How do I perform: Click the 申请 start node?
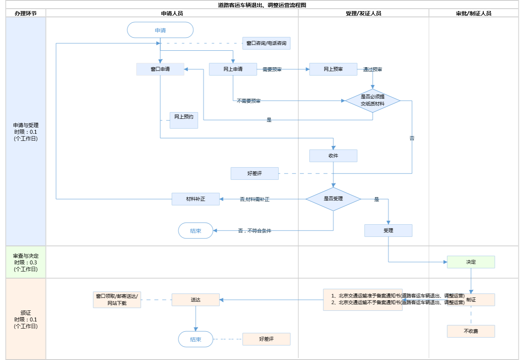pos(160,30)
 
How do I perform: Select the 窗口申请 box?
pos(160,69)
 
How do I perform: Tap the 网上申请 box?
pos(233,69)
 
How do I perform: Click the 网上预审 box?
pos(333,69)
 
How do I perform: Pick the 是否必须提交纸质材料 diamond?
pos(372,101)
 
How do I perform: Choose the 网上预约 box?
pos(184,120)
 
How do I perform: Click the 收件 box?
pos(333,156)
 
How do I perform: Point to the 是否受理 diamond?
pos(333,199)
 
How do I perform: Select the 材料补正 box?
pos(195,199)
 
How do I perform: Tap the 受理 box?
pos(388,231)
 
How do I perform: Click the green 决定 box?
pos(471,262)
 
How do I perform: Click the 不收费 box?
pos(471,331)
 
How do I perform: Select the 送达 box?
pos(195,300)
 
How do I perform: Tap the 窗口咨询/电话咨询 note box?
pos(266,43)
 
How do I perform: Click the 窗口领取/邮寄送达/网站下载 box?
pos(117,300)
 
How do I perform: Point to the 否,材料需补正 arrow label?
pos(254,199)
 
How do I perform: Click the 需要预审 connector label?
pos(272,70)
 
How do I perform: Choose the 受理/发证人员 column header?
pos(363,13)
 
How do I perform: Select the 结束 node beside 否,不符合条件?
pos(195,231)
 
